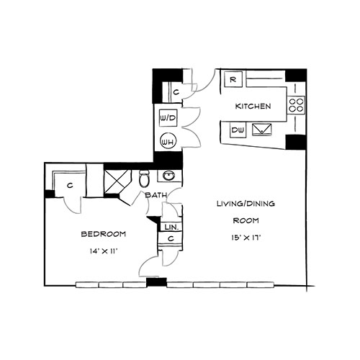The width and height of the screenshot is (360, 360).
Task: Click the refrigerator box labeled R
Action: (x=233, y=79)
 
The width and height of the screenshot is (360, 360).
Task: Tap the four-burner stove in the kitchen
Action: (x=296, y=105)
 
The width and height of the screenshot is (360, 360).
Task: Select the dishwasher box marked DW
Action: (x=238, y=130)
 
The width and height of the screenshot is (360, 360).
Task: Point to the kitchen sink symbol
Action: (x=262, y=130)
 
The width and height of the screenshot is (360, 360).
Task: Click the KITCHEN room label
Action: (x=253, y=106)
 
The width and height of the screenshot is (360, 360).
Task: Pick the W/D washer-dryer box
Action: (x=168, y=118)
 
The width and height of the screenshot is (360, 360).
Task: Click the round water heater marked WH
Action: (x=168, y=142)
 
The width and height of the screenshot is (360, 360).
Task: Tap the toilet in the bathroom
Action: (x=145, y=179)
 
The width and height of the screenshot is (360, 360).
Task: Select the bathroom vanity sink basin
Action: (x=169, y=176)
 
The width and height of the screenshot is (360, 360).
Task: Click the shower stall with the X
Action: (x=117, y=181)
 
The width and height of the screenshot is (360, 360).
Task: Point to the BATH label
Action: (x=156, y=195)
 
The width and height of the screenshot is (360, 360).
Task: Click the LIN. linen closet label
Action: (x=171, y=227)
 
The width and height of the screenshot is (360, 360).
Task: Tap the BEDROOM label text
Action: (x=104, y=234)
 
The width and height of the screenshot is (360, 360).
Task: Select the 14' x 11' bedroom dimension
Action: (x=104, y=251)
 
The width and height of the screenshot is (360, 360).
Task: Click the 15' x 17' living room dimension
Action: (x=246, y=238)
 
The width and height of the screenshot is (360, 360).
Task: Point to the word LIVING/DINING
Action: (x=246, y=204)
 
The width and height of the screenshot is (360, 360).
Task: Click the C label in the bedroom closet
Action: (x=70, y=185)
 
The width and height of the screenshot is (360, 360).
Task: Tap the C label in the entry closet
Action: (x=176, y=92)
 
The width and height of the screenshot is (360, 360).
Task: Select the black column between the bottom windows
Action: (x=156, y=282)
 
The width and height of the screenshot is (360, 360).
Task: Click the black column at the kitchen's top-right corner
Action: (x=296, y=76)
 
